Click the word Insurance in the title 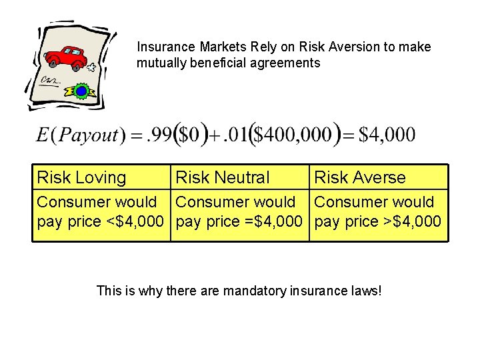pos(165,47)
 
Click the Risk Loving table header pos(81,178)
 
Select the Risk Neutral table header pos(222,178)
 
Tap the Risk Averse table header pos(359,178)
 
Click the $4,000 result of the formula pos(387,135)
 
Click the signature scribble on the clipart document pos(49,81)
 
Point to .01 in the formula pos(235,135)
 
